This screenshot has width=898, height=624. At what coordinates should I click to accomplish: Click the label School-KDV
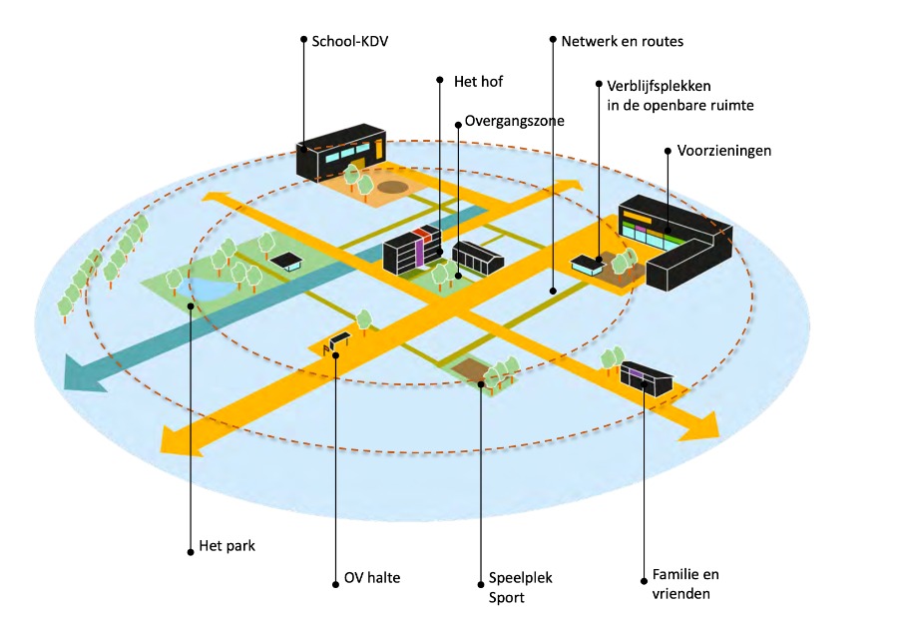click(349, 41)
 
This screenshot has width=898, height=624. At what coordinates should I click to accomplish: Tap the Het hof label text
click(478, 81)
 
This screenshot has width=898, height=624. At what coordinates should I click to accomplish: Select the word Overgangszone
click(514, 121)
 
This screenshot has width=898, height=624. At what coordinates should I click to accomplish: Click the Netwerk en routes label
click(622, 41)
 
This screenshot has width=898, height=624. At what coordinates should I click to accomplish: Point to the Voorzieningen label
click(724, 151)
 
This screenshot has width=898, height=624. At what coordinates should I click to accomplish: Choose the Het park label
click(226, 545)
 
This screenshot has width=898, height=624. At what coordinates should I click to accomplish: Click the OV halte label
click(372, 578)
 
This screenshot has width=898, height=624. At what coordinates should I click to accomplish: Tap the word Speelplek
click(521, 578)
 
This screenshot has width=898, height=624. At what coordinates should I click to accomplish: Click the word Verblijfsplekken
click(659, 86)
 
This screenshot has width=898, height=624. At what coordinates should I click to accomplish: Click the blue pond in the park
click(211, 288)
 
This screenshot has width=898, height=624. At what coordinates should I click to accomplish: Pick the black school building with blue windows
click(341, 150)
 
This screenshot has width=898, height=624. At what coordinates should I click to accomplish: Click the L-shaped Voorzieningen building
click(675, 241)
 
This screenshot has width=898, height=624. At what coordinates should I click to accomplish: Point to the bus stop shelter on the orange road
click(338, 341)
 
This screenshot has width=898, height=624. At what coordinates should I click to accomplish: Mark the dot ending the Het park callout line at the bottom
click(191, 552)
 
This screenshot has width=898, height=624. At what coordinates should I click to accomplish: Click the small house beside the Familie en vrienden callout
click(646, 377)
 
